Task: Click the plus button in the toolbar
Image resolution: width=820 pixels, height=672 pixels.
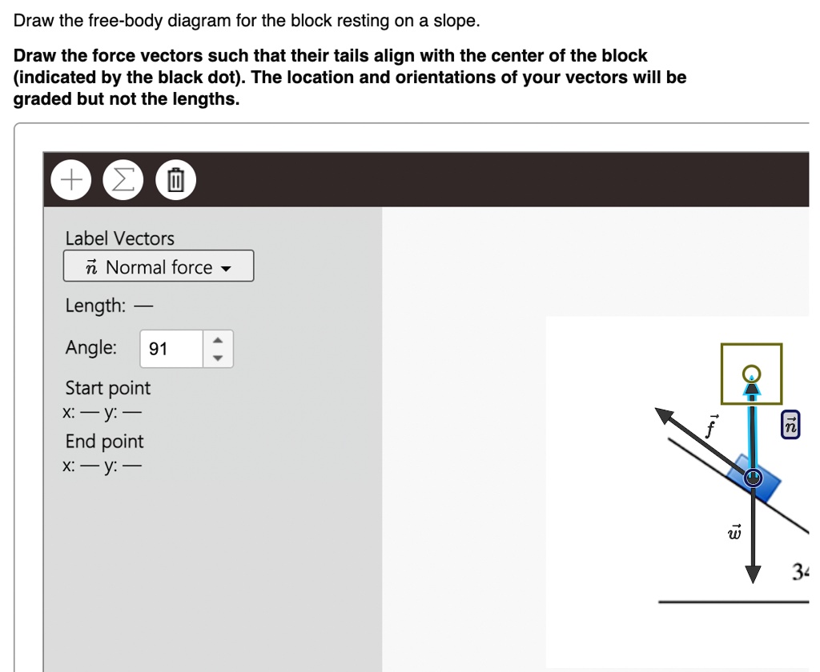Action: (x=71, y=180)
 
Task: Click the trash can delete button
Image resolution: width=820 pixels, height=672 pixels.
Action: (x=175, y=180)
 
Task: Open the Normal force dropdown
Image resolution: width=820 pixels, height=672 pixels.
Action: (x=159, y=266)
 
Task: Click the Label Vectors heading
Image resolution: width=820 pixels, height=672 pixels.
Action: (x=120, y=238)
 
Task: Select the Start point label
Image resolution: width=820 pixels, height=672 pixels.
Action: (x=108, y=388)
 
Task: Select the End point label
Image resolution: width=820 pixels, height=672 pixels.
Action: (x=105, y=442)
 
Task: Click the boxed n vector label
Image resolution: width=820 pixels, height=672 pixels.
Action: (x=790, y=426)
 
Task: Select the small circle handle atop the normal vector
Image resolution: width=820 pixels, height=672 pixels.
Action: (x=751, y=373)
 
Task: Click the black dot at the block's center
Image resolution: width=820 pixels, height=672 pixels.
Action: (x=753, y=478)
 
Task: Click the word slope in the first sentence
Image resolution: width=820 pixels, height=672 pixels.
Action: (x=455, y=22)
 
